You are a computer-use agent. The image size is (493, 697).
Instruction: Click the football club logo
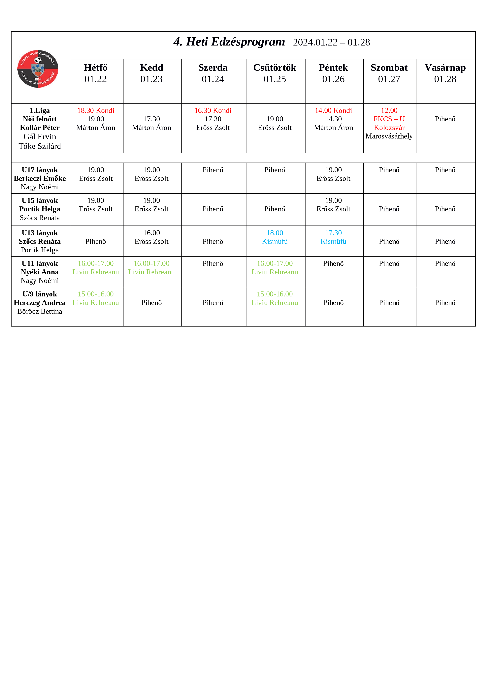tap(38, 69)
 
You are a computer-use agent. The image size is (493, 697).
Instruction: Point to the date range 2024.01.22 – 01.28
tap(331, 43)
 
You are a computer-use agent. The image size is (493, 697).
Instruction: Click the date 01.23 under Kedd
tap(151, 79)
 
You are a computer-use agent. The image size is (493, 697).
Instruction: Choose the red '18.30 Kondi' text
tap(95, 110)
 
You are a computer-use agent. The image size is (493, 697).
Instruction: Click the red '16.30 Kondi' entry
tap(213, 110)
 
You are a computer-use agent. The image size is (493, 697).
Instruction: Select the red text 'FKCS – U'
tap(389, 119)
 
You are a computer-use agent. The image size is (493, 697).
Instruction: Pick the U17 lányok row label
tap(40, 170)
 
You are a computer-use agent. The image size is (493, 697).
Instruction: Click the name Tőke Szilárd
tap(40, 146)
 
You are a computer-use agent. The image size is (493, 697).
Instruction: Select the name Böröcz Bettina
tap(40, 312)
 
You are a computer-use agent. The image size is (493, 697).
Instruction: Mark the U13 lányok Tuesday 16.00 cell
tap(151, 237)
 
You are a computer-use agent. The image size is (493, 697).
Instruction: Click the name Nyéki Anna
tap(40, 272)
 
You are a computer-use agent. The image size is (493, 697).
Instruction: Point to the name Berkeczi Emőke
tap(40, 178)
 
